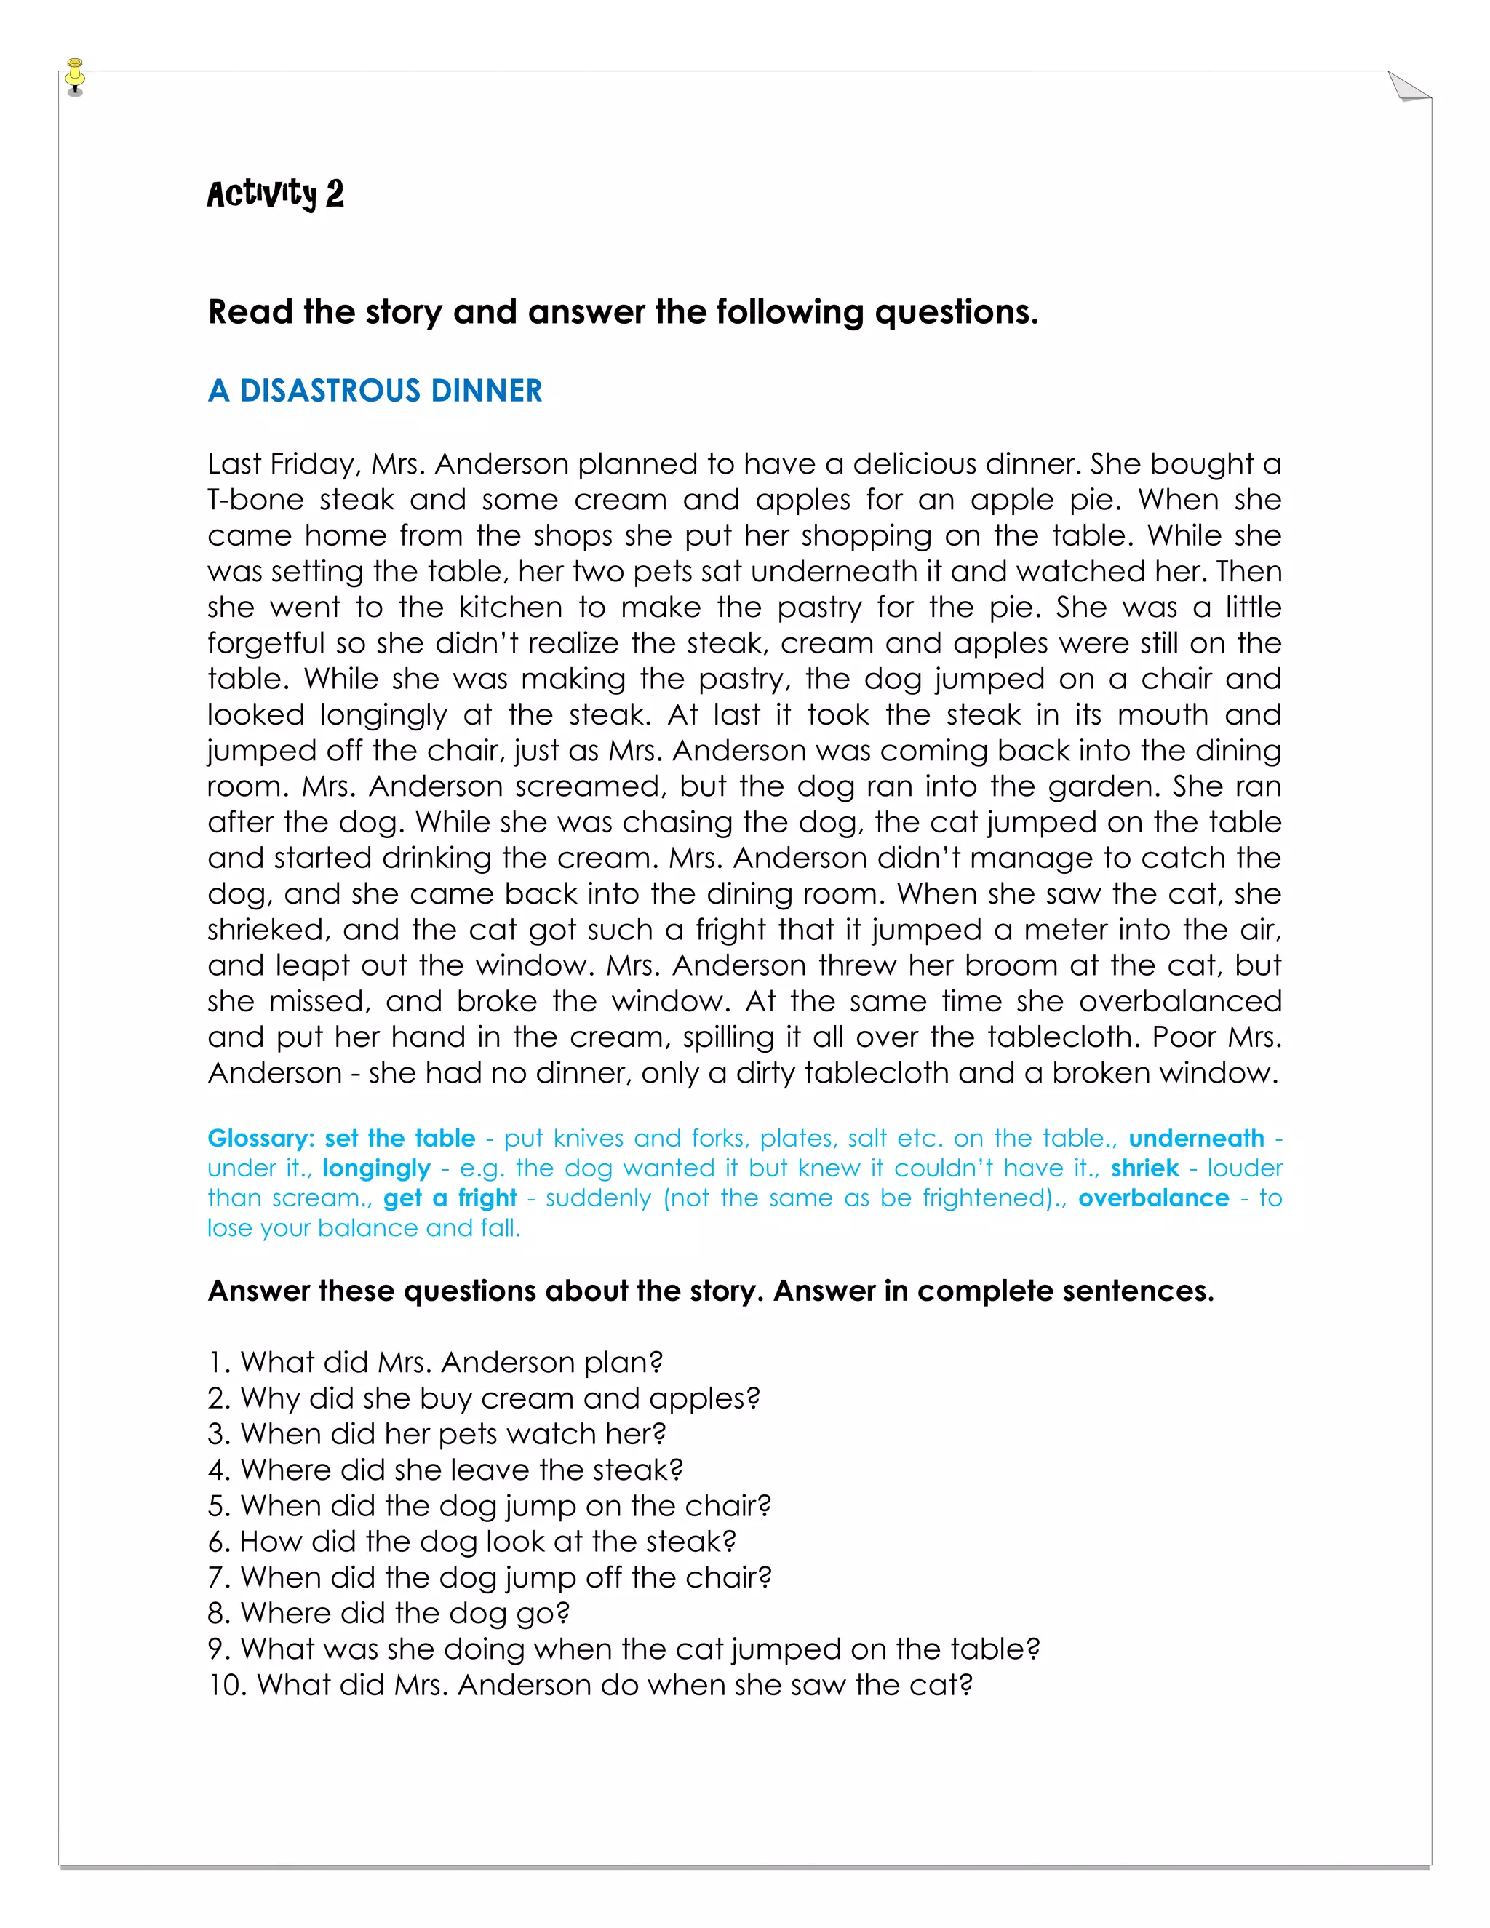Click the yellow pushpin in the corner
tap(75, 76)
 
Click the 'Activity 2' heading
tap(276, 194)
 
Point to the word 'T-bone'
tap(255, 501)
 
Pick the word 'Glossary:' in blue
tap(260, 1139)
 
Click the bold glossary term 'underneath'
tap(1196, 1139)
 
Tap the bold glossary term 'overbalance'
tap(1153, 1199)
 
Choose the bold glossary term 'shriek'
tap(1144, 1169)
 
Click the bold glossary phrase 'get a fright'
tap(450, 1199)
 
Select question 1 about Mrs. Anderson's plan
tap(435, 1363)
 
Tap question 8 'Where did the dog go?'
tap(389, 1614)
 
